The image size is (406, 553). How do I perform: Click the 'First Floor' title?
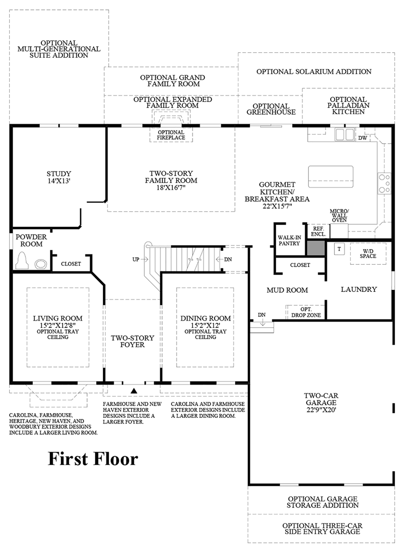point(93,459)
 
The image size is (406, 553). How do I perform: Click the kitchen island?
point(331,177)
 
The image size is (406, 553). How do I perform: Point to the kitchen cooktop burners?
point(384,183)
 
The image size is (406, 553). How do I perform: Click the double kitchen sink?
point(345,135)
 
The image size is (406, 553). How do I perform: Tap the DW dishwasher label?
point(362,138)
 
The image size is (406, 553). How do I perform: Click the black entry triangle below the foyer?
point(134,390)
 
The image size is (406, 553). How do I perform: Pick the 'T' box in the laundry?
point(339,249)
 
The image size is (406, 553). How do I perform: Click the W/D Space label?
point(368,253)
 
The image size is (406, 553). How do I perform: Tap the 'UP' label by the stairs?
point(136,259)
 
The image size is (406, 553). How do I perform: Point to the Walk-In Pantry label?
point(289,241)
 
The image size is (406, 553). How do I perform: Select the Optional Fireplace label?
point(171,135)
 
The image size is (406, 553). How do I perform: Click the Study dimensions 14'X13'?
point(59,181)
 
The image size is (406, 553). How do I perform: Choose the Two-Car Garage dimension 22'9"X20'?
point(321,410)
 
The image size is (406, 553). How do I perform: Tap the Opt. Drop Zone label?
point(306,312)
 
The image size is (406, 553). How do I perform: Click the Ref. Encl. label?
point(318,231)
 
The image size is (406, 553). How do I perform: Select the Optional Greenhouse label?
point(271,109)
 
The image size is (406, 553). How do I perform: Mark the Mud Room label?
point(287,290)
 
